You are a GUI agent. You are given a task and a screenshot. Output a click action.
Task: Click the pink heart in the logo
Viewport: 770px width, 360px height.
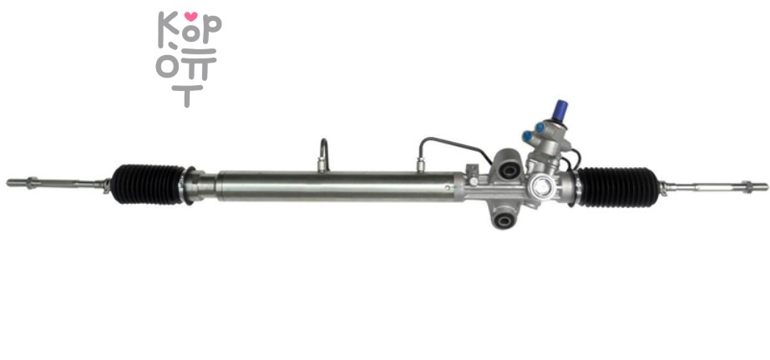(191, 16)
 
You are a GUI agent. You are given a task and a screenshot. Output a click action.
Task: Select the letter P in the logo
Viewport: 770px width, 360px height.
(211, 29)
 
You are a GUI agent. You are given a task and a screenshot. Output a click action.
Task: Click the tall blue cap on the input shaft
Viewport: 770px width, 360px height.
(560, 110)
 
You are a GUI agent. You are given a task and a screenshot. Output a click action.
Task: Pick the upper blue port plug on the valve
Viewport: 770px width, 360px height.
(540, 127)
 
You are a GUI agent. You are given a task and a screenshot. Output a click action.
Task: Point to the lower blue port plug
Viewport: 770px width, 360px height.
(528, 135)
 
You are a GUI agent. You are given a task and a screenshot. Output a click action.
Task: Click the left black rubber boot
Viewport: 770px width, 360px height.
(148, 184)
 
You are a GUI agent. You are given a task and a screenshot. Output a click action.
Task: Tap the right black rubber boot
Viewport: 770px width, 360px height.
(618, 186)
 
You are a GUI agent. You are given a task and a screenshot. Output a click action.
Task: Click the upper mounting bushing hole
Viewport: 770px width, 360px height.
(509, 171)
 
